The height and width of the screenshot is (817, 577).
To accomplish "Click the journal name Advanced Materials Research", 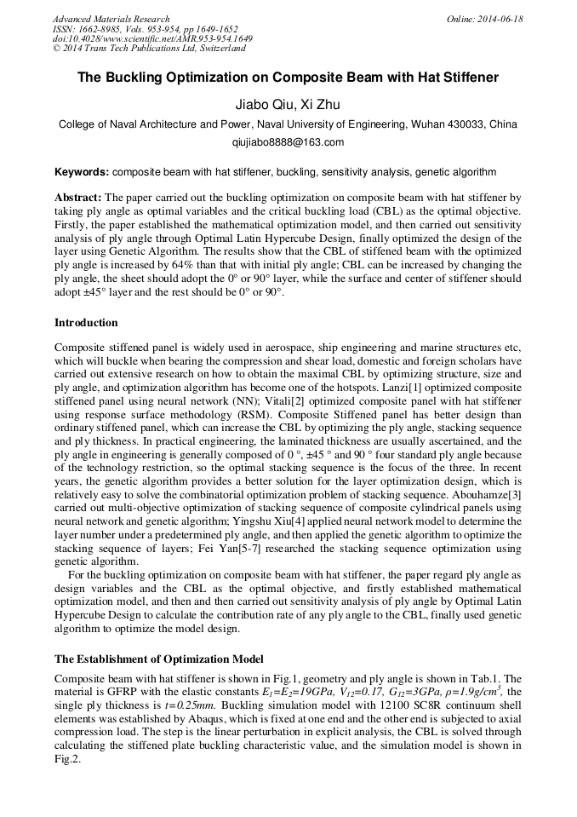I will (111, 19).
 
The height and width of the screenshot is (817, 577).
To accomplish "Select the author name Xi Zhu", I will (323, 104).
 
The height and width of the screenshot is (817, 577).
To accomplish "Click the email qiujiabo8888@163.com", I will (288, 142).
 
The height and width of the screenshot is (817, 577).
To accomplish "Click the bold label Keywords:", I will (82, 171).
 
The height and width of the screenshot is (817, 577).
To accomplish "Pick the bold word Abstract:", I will (78, 196).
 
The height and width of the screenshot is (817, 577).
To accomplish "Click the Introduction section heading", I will (86, 323).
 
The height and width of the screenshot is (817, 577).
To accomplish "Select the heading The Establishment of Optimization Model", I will (159, 659).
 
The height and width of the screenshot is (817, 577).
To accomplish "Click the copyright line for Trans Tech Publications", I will (149, 49).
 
